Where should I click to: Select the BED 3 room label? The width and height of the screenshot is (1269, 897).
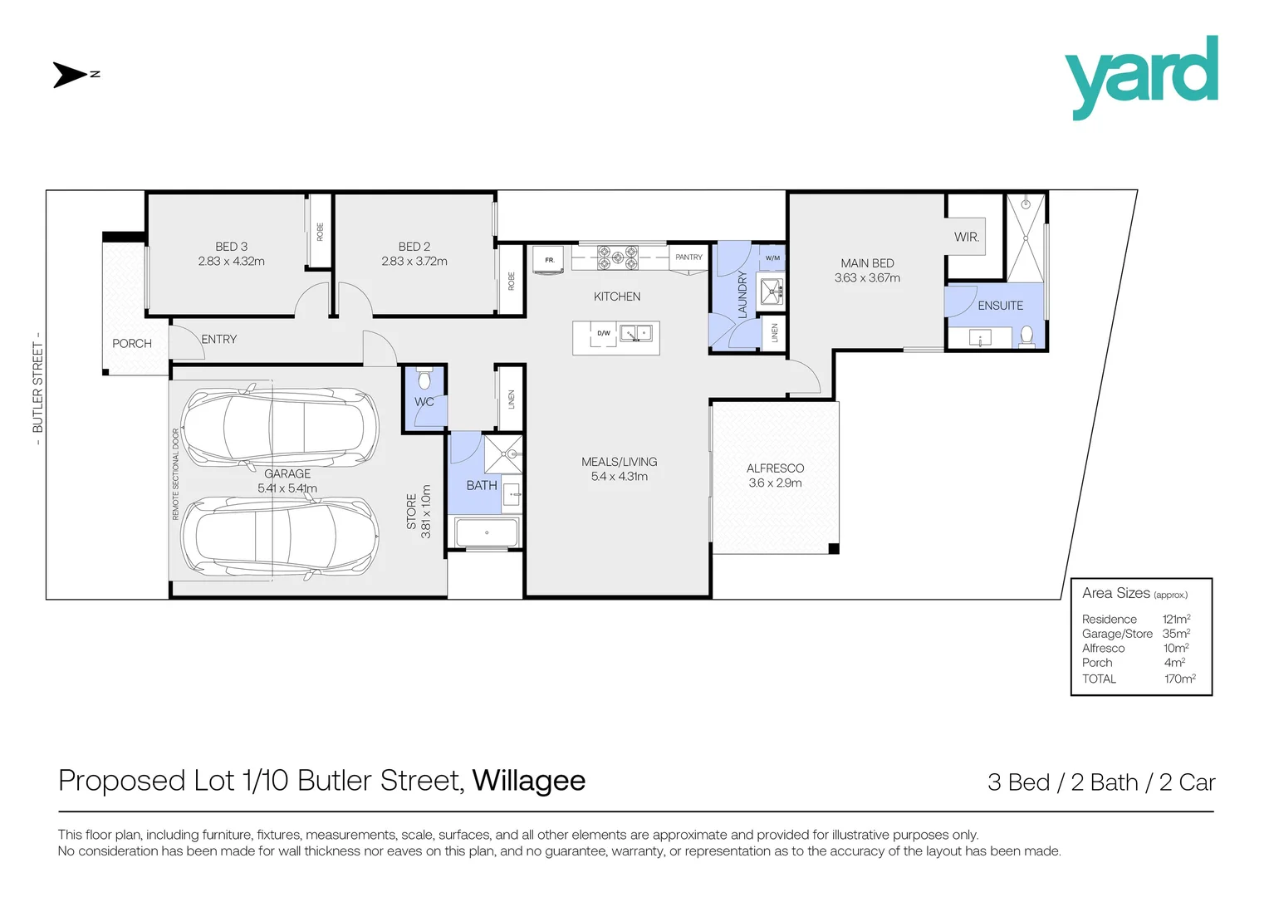point(231,247)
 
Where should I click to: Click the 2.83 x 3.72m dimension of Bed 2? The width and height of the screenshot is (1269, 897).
point(414,262)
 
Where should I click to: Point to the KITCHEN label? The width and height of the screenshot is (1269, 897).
point(616,297)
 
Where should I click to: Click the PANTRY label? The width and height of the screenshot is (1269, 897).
point(688,257)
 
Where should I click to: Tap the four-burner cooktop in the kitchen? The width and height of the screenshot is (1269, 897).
point(618,257)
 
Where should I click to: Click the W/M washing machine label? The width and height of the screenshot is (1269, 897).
point(772,258)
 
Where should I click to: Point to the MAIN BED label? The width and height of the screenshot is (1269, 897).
point(867,263)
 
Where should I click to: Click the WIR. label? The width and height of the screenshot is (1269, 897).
point(966,238)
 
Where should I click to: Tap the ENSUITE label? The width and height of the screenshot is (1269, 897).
point(1000,306)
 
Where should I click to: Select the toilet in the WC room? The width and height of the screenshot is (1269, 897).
point(425,380)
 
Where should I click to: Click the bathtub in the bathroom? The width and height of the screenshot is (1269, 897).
point(487,532)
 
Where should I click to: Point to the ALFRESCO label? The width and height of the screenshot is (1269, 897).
point(775,468)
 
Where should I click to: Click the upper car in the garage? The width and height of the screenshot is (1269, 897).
point(280,427)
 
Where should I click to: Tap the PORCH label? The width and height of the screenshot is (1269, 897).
point(132,343)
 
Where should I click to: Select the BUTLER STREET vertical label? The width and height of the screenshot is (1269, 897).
point(37,388)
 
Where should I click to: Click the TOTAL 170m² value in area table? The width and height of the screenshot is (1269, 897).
point(1179,679)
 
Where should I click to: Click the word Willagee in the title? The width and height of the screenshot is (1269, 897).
point(528,781)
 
